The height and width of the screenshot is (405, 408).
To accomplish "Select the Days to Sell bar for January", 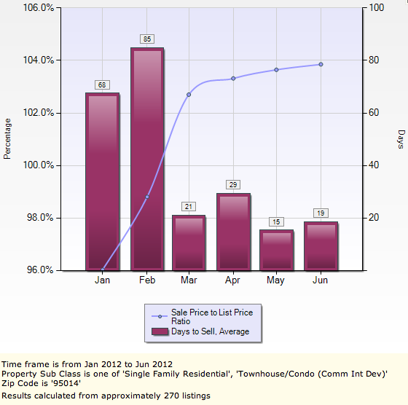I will pos(102,181).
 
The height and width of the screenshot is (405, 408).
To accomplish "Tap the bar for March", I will pos(189,243).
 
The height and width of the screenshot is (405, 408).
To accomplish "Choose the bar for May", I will pos(276,250).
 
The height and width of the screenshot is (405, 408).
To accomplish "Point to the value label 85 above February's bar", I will pos(146,39).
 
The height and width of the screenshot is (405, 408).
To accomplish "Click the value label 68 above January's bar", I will pos(102,84).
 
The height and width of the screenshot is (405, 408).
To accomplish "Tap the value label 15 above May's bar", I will pos(276,221).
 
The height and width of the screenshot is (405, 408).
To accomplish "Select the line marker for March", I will pos(189,95).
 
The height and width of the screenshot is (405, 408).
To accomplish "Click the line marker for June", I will pos(321,65).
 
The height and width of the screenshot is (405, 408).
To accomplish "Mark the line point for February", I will pos(146,197).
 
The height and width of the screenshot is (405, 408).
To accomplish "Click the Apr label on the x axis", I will pos(233,280).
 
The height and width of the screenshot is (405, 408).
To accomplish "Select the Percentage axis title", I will pos(8,138).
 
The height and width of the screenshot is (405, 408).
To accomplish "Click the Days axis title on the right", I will pos(400,138).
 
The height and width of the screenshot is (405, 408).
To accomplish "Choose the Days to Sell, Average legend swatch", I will pos(160,331).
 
